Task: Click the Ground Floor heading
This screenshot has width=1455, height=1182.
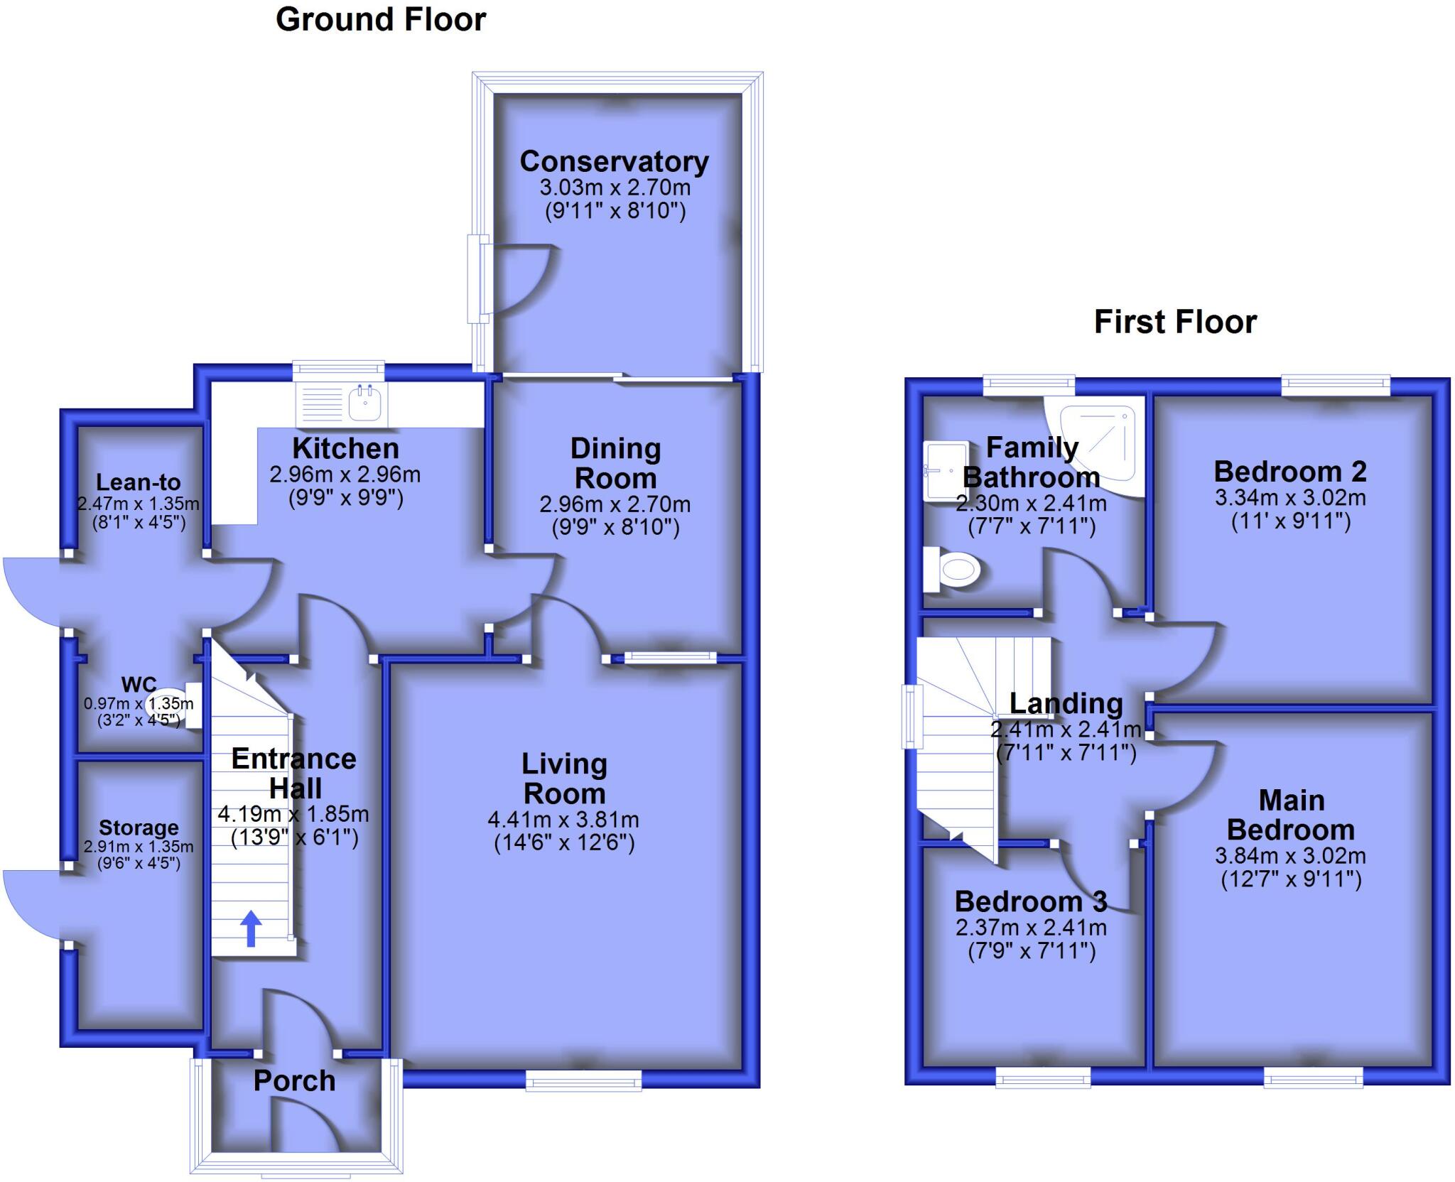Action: (380, 20)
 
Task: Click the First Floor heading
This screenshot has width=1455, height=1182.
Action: (1175, 322)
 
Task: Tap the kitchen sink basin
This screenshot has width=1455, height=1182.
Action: (367, 405)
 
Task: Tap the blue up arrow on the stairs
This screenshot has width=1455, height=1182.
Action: (251, 928)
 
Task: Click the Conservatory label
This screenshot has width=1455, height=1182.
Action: (614, 161)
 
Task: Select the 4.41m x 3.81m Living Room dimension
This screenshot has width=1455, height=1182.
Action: (563, 820)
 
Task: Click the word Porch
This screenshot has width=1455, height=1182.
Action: (294, 1080)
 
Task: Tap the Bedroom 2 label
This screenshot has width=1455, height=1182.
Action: (1289, 471)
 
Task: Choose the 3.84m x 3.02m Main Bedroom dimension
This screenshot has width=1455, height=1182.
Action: (1290, 855)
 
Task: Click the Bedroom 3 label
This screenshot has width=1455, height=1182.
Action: (1030, 901)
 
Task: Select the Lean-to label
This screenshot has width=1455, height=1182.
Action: (138, 482)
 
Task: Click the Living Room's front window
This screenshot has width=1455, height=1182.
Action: (583, 1080)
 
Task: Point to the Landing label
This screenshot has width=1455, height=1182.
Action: (1066, 703)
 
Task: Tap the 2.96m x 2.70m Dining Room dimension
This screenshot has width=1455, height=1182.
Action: (615, 504)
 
